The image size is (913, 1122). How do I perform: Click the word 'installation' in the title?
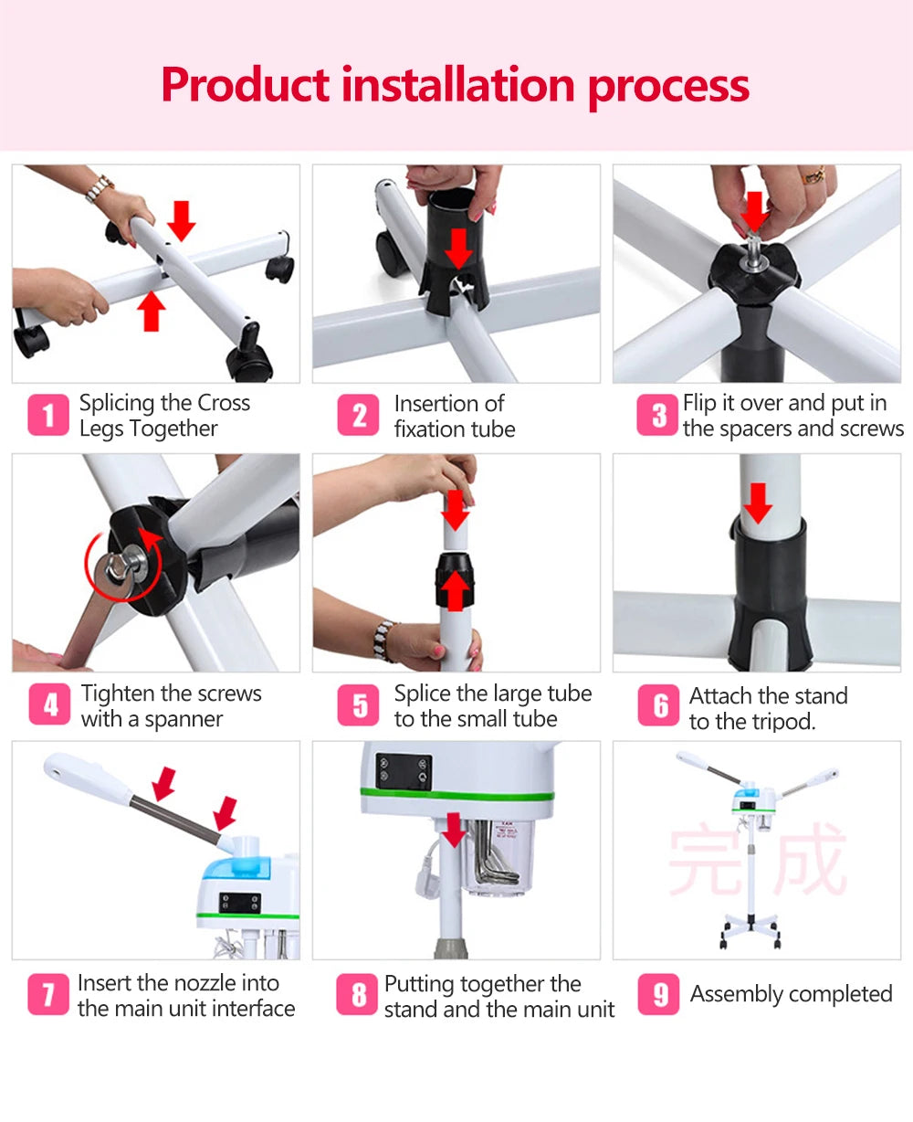coord(457,84)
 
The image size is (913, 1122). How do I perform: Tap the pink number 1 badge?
coord(47,415)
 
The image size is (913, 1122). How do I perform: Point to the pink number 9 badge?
coord(657,994)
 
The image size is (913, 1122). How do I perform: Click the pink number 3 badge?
coord(656,415)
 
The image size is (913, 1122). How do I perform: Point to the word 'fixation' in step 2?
coord(425,429)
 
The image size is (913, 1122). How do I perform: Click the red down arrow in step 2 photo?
coord(458,249)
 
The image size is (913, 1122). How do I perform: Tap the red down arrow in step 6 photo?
coord(758,503)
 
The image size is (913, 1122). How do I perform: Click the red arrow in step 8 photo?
coord(453,830)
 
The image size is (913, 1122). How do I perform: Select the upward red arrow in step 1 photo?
coord(152,311)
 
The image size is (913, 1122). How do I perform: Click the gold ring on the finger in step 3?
coord(813,175)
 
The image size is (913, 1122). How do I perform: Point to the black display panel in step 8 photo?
coord(404,770)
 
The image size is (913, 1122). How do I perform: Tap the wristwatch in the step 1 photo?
coord(99,188)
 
